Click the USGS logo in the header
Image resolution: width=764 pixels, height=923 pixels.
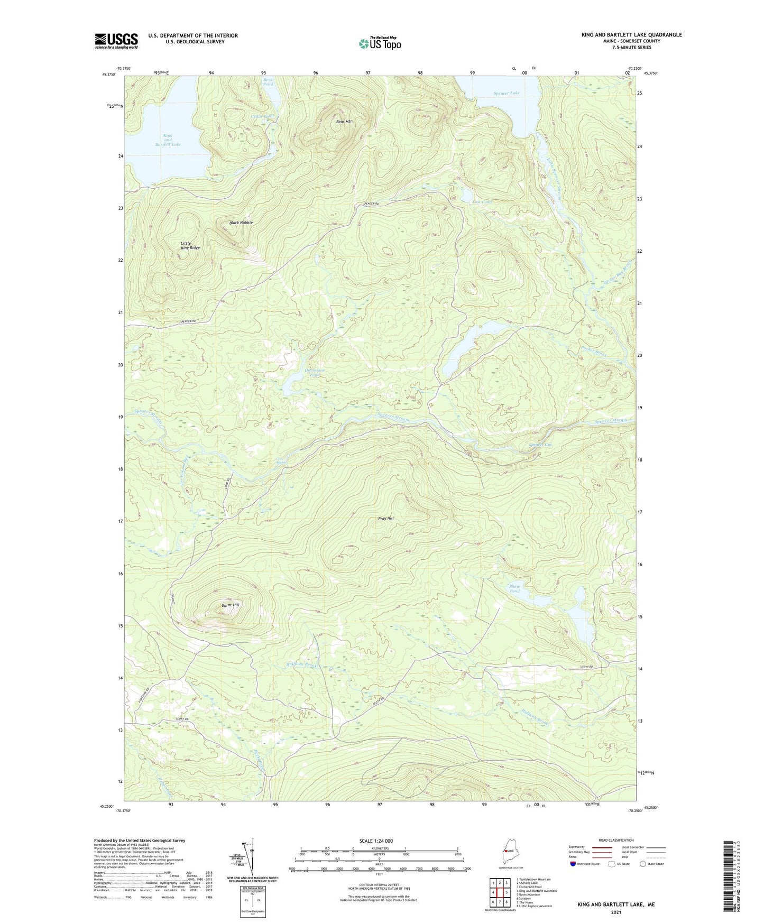116,41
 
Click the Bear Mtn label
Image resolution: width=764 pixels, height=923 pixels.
344,122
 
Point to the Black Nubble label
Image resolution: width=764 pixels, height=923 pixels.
241,223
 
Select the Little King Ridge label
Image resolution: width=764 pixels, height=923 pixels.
190,245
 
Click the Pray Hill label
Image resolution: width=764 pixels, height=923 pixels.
386,519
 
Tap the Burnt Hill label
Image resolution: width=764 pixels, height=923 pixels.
230,605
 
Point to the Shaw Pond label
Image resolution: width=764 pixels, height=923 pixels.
514,588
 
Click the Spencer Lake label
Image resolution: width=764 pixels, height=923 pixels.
507,93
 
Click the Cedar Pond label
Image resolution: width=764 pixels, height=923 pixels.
263,116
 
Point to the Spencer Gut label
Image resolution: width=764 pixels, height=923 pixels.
540,445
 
